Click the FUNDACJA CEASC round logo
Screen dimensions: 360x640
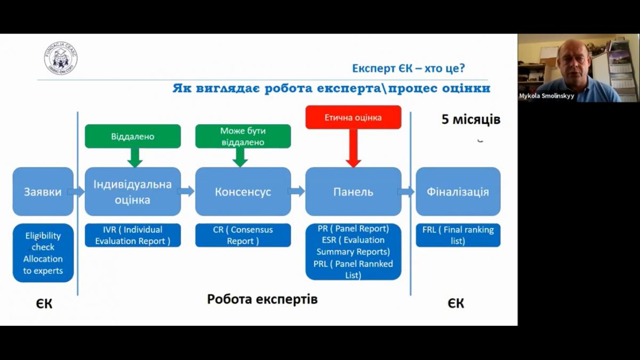61,58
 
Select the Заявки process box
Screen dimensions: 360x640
43,191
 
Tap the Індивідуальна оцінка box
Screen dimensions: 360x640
133,191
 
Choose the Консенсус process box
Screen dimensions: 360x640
243,191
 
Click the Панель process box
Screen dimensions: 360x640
353,191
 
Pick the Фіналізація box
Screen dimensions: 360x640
458,191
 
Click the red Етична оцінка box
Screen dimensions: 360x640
353,117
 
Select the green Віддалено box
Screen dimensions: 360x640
133,136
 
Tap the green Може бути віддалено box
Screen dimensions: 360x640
243,136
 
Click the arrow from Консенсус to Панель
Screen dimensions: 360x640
296,191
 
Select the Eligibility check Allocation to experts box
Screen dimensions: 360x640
43,253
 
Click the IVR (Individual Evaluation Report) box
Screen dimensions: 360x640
133,235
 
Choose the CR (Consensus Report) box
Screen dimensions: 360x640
243,235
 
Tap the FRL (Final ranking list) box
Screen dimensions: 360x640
458,235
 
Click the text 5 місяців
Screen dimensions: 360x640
471,119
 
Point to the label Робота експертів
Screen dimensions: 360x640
262,299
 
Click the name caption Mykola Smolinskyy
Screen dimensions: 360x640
546,97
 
